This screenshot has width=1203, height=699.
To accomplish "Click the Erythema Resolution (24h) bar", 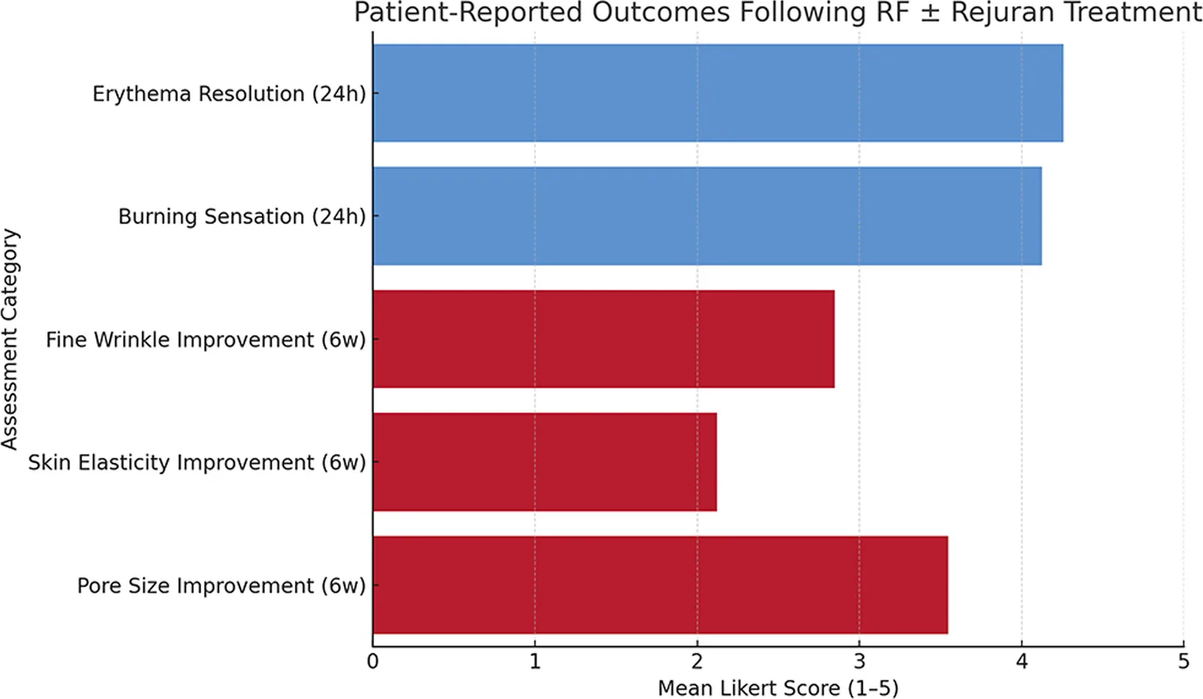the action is [718, 93].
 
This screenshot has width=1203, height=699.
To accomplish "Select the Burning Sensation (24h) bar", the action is [707, 216].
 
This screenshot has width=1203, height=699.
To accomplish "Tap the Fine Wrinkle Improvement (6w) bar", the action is [603, 339].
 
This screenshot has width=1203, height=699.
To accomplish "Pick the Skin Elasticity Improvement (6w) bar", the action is [545, 462].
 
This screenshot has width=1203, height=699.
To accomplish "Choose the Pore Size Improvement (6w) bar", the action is [660, 585].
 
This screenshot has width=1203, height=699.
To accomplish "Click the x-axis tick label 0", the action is [372, 662].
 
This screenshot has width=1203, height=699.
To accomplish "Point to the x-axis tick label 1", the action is [535, 662].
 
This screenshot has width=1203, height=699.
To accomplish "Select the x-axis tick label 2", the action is [697, 662].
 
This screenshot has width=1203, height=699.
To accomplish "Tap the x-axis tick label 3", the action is [859, 662].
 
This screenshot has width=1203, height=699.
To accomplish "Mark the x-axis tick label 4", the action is [1022, 662].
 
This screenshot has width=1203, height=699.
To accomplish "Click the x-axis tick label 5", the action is [1183, 662].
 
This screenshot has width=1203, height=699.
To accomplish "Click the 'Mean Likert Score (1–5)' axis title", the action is [778, 688].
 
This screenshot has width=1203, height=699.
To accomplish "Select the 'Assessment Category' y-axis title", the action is [10, 339].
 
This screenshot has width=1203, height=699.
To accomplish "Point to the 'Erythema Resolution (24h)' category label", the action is [229, 94].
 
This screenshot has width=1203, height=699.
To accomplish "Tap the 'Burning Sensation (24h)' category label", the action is [242, 217].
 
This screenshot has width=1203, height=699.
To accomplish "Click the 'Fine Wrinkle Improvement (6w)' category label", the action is [205, 339].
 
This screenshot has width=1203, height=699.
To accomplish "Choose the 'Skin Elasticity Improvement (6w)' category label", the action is [197, 463].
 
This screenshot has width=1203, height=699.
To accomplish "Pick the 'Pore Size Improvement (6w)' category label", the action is [221, 585].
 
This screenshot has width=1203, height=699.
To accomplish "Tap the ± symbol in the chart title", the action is [929, 13].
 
